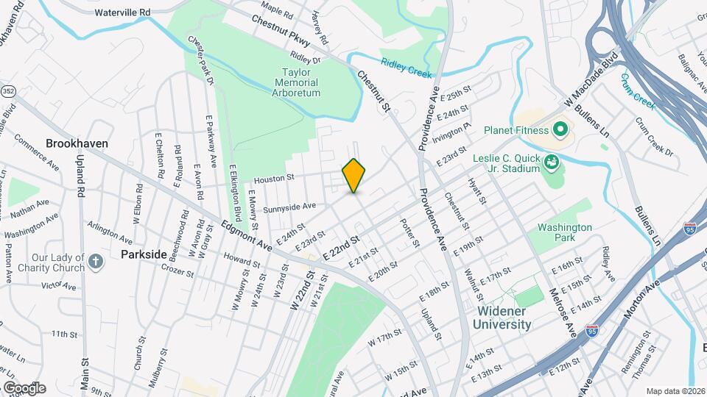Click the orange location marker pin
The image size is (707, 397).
pos(354,176)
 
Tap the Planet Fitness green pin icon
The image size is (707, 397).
pos(560,131)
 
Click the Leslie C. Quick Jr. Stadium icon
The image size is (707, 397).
pos(549,160)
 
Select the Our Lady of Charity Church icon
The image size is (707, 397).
pos(96,261)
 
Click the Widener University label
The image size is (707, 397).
pos(501,318)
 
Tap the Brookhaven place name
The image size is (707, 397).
pos(77,143)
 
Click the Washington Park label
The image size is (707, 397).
pos(564,233)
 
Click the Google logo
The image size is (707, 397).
pos(24,387)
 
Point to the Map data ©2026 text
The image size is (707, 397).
pos(675,391)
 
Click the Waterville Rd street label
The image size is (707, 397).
pos(122,12)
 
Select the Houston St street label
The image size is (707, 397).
pos(274,177)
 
